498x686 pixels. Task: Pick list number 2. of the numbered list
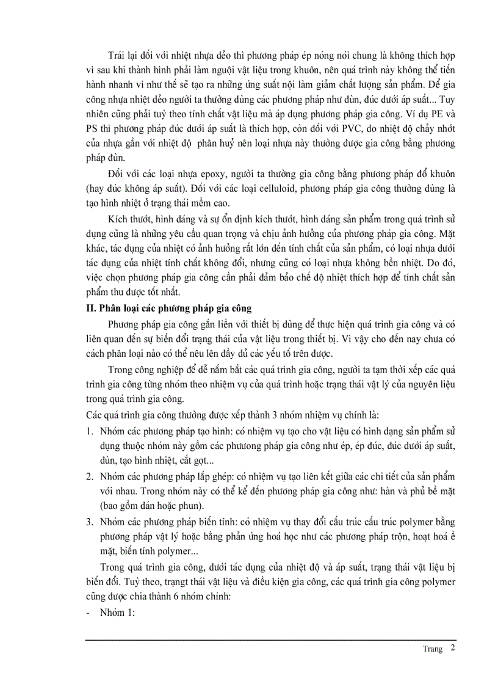(x=88, y=476)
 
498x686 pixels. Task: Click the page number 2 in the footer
(x=452, y=648)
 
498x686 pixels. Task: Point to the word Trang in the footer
(x=431, y=649)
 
